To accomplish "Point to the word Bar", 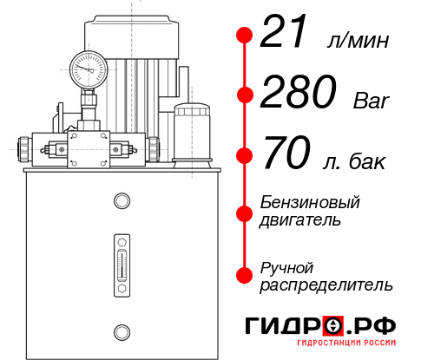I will point(372,101).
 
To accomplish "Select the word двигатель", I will point(300,220).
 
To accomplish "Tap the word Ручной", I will point(286,266).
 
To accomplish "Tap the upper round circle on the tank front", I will point(121,202).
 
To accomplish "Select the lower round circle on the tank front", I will point(121,331).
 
